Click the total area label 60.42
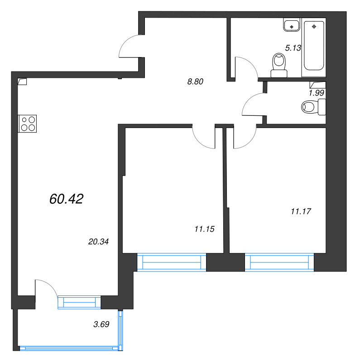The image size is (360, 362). click(x=66, y=199)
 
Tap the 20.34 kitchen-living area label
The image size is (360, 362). click(x=98, y=242)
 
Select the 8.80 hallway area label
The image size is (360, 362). click(x=195, y=81)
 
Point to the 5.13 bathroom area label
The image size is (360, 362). click(x=293, y=48)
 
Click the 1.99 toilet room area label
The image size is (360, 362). click(x=317, y=93)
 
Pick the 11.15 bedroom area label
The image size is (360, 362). click(x=205, y=229)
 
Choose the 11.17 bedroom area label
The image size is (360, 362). click(x=301, y=211)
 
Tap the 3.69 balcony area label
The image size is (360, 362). click(x=101, y=324)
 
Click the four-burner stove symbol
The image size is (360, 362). click(x=27, y=124)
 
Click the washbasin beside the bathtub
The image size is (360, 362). click(x=292, y=25)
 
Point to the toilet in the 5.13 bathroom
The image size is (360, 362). click(x=279, y=65)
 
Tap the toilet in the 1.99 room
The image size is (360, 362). click(x=313, y=107)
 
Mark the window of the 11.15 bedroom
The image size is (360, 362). click(x=172, y=262)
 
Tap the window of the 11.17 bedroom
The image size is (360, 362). click(x=279, y=262)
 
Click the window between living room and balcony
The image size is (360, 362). click(x=79, y=302)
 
